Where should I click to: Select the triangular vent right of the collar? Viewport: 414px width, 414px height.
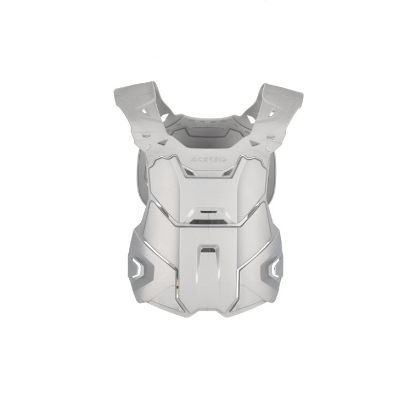[253, 141]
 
